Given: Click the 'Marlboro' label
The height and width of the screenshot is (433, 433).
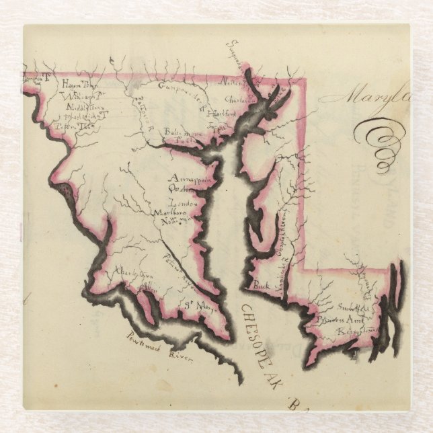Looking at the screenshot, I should [x=169, y=213].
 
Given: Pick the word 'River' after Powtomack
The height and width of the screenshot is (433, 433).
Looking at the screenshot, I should [x=182, y=356].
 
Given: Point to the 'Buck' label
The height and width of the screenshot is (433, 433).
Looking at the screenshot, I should [x=261, y=286].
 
